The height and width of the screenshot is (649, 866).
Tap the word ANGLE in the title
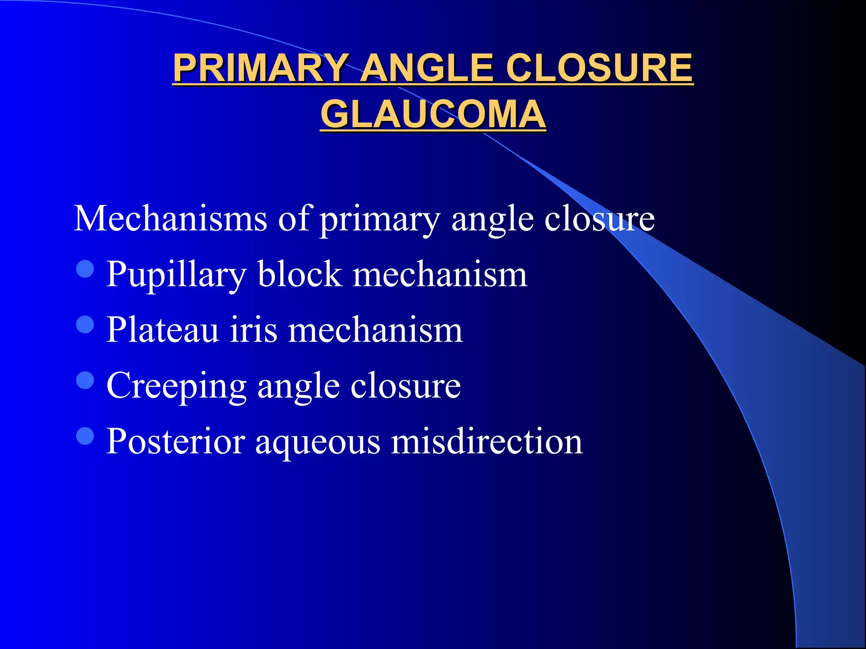(x=427, y=68)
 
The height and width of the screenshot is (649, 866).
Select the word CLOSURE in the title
(x=599, y=68)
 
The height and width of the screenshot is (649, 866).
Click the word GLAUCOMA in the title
(x=433, y=115)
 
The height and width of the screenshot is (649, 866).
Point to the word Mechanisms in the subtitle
(x=170, y=219)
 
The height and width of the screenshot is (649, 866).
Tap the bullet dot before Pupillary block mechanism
(x=85, y=269)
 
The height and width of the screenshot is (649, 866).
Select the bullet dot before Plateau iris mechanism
(x=85, y=324)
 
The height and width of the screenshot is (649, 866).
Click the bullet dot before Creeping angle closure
(x=85, y=380)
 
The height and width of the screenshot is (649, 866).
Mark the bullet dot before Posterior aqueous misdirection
(x=85, y=436)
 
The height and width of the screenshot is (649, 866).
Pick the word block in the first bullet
(x=299, y=275)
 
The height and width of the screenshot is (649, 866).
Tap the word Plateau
(x=162, y=330)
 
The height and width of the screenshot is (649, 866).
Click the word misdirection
(x=487, y=442)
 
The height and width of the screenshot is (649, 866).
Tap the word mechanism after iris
(x=375, y=330)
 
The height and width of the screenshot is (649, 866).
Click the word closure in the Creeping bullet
(x=406, y=386)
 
